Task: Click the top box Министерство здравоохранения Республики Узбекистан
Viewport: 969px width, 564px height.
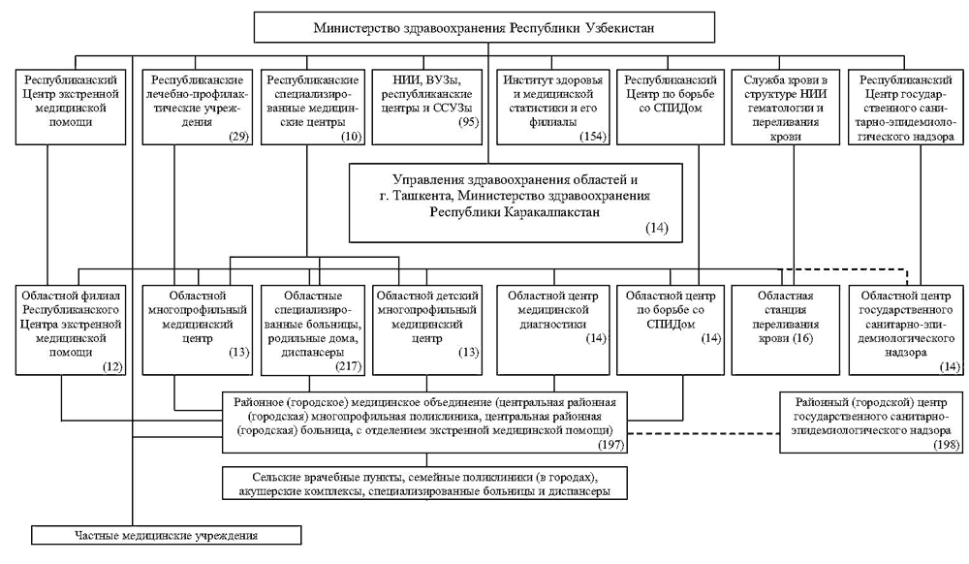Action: tap(484, 27)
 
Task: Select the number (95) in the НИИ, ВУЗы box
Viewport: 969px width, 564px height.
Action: tap(469, 122)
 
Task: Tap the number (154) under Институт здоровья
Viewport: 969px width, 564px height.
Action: tap(593, 137)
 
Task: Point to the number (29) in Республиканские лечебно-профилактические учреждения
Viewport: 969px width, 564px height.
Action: tap(239, 137)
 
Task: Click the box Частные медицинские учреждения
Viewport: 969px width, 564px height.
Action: tap(167, 535)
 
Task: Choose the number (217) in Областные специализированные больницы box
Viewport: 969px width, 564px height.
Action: tap(349, 366)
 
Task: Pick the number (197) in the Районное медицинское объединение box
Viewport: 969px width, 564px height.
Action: tap(610, 444)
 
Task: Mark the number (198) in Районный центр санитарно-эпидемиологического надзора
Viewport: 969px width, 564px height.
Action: tap(948, 444)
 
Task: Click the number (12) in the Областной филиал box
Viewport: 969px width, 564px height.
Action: tap(113, 366)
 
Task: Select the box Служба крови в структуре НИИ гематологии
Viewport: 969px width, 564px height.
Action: tap(786, 109)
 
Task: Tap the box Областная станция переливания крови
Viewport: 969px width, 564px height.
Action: tap(786, 329)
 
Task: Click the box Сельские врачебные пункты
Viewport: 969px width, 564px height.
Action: tap(424, 483)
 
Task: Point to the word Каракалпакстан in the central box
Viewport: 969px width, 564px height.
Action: tap(550, 212)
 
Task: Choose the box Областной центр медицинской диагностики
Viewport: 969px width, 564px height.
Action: tap(553, 329)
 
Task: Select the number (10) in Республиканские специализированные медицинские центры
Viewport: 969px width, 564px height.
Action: tap(351, 137)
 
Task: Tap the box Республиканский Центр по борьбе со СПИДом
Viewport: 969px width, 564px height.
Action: tap(671, 109)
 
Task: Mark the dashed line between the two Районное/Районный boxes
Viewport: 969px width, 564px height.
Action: tap(703, 432)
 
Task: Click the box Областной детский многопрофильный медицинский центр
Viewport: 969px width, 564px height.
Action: tap(427, 329)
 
